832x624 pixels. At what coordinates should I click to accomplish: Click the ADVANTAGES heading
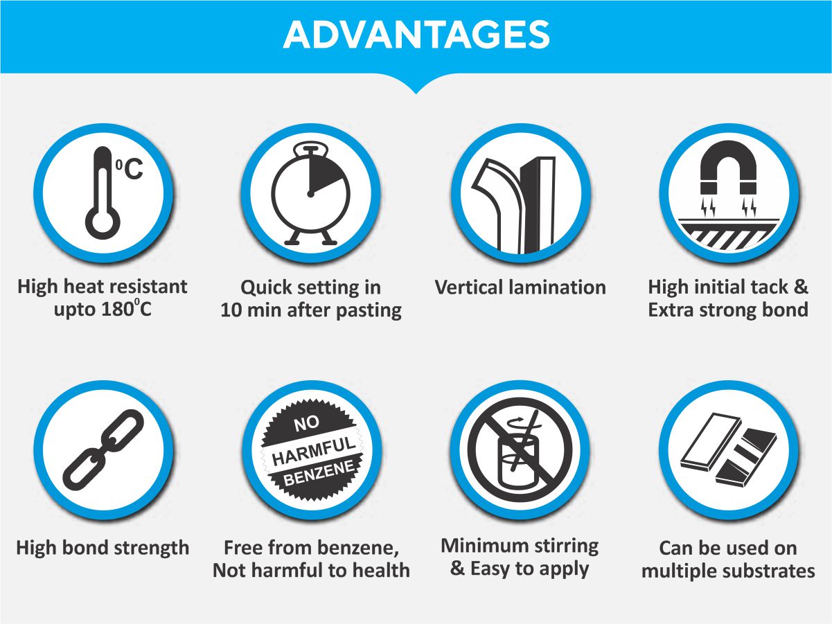tap(416, 35)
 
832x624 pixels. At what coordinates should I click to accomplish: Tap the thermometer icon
tap(103, 193)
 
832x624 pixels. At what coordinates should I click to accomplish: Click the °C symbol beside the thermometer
tap(130, 169)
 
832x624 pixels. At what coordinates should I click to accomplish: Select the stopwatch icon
tap(310, 193)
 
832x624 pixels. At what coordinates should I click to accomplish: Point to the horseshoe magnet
tap(728, 167)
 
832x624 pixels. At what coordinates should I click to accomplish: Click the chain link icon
tap(103, 449)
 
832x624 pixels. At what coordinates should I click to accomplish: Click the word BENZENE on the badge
tap(319, 474)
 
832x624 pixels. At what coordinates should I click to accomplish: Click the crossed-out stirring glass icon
tap(520, 449)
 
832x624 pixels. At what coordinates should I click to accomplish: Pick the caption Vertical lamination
tap(520, 287)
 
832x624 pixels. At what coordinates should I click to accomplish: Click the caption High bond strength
tap(103, 549)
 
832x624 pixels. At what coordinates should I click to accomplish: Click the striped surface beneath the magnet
tap(729, 234)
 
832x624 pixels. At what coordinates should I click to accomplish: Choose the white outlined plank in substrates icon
tap(711, 441)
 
